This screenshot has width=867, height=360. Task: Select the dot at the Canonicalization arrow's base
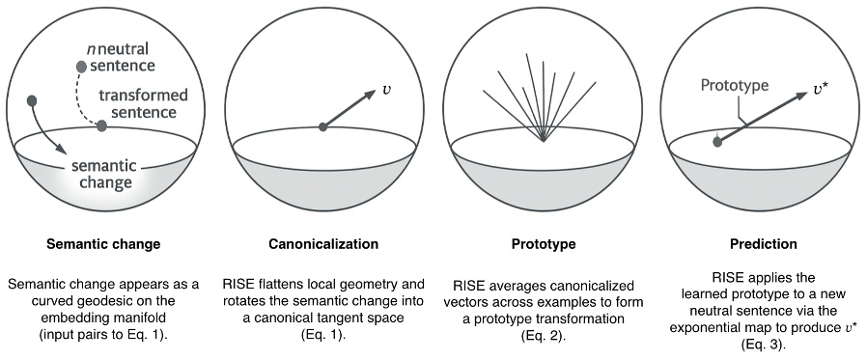coord(322,125)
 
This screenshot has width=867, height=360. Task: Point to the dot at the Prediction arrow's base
coord(716,142)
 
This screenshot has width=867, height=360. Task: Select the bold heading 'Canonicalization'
coord(322,244)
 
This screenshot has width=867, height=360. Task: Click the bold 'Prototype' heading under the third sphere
coord(544,244)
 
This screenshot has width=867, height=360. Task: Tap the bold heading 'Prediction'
coord(766,244)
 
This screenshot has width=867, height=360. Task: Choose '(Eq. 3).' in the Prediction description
coord(766,342)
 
